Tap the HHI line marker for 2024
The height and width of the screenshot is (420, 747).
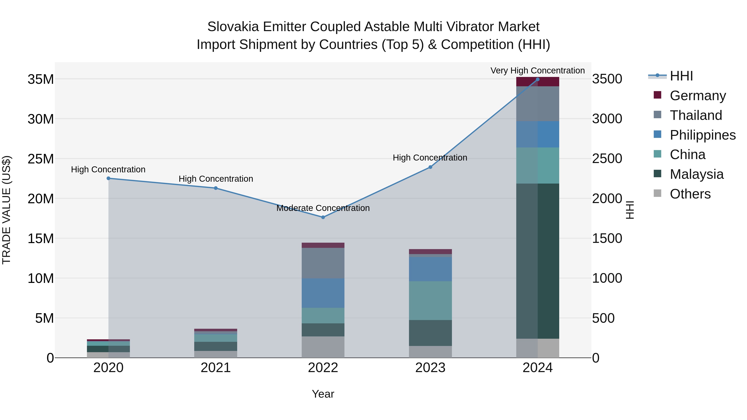click(537, 79)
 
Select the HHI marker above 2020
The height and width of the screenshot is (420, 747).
click(109, 178)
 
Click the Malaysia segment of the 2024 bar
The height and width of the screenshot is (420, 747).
click(537, 261)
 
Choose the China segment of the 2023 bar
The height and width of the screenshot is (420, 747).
click(430, 300)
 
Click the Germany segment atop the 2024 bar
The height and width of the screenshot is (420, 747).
click(537, 82)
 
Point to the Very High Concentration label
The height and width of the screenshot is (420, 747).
click(537, 71)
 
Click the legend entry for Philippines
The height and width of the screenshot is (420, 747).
click(702, 135)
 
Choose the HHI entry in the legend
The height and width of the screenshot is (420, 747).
click(681, 76)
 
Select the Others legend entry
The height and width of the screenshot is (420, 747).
click(690, 194)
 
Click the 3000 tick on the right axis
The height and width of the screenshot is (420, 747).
click(607, 119)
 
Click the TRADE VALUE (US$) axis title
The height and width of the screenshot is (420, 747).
click(6, 210)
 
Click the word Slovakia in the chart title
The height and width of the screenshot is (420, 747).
click(233, 27)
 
